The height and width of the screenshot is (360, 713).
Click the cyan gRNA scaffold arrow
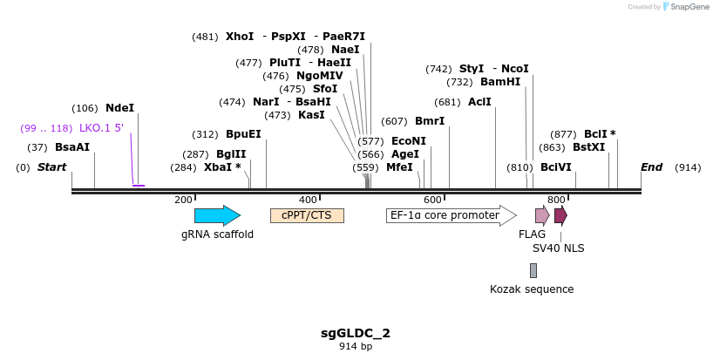click(217, 215)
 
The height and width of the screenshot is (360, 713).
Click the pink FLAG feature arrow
click(542, 215)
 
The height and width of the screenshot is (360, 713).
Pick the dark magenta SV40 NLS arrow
click(560, 215)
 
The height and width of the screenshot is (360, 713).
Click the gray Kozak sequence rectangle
click(533, 270)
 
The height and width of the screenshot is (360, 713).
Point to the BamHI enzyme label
click(500, 82)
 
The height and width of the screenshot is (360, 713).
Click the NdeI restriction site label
click(119, 108)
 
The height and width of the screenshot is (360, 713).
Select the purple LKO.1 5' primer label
click(101, 128)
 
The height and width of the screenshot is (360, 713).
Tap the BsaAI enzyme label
click(72, 147)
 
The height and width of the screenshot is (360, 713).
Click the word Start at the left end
click(51, 167)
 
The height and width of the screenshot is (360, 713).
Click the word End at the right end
click(651, 167)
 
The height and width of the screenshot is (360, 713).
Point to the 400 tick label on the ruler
click(308, 200)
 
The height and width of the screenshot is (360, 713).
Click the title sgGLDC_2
click(356, 333)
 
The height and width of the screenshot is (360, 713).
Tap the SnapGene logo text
click(689, 7)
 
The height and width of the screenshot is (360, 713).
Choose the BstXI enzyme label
click(588, 147)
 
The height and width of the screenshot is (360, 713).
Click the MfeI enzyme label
click(399, 167)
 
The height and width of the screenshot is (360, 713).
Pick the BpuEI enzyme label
click(243, 134)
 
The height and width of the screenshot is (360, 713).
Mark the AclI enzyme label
click(479, 102)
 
